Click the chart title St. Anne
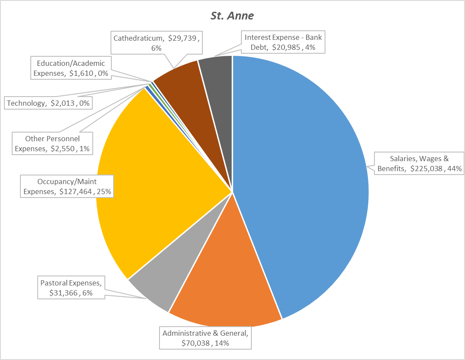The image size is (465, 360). click(x=232, y=16)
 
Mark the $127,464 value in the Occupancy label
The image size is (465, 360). click(x=76, y=191)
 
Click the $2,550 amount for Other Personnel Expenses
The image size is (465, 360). click(x=63, y=149)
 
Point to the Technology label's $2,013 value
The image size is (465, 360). click(x=62, y=103)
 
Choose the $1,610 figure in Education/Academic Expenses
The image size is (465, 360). click(x=81, y=73)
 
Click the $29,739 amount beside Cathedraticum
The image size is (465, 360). click(x=183, y=38)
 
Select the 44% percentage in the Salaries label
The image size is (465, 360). click(x=454, y=169)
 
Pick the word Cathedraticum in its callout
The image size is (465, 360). click(x=137, y=38)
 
